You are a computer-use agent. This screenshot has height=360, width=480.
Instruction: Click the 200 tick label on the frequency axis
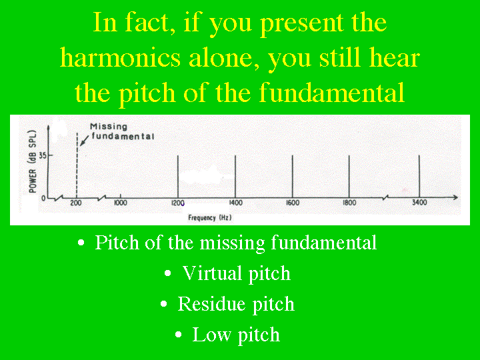[76, 203]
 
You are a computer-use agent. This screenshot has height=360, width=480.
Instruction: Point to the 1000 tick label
[120, 203]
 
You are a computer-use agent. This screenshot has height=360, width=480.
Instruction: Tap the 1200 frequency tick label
[177, 203]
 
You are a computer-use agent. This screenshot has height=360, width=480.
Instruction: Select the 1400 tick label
[236, 203]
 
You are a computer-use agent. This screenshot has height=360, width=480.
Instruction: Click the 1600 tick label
[293, 203]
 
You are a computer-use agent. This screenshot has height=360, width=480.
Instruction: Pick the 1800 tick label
[349, 203]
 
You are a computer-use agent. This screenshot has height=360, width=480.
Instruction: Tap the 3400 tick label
[419, 203]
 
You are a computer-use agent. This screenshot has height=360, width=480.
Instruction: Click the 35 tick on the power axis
[43, 155]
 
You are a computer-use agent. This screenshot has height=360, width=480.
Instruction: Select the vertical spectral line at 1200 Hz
[178, 177]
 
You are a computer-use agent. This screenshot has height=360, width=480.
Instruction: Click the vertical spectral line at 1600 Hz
[293, 177]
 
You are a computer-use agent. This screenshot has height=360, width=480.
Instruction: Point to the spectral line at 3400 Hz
[419, 177]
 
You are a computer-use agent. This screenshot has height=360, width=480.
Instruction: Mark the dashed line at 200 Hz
[77, 165]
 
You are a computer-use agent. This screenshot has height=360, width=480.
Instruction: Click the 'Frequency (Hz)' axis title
[210, 217]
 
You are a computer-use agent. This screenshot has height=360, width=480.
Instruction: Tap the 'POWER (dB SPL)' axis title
[33, 161]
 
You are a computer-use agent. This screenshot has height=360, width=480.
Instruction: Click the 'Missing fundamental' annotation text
[122, 131]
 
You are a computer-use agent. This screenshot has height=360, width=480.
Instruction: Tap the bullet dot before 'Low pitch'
[179, 334]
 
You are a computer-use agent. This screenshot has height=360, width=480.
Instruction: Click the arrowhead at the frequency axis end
[455, 197]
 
